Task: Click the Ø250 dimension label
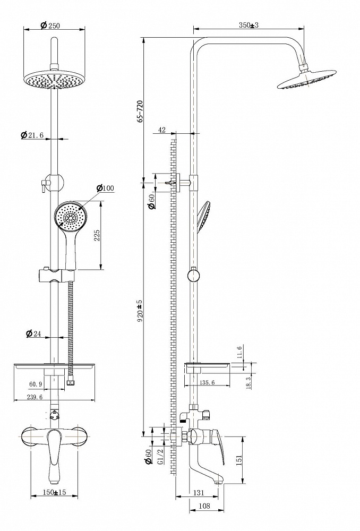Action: (50, 25)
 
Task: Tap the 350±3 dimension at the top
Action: (248, 25)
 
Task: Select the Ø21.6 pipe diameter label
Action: (32, 135)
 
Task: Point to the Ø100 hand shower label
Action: (105, 188)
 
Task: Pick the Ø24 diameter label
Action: (33, 333)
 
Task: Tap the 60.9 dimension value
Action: (36, 384)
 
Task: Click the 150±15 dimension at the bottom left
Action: (54, 492)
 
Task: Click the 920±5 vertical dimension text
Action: (141, 310)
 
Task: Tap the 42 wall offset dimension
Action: (162, 130)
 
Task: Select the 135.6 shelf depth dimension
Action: (207, 382)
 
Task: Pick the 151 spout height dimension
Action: (239, 459)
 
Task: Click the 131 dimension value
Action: (199, 493)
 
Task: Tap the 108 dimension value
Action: (204, 506)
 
